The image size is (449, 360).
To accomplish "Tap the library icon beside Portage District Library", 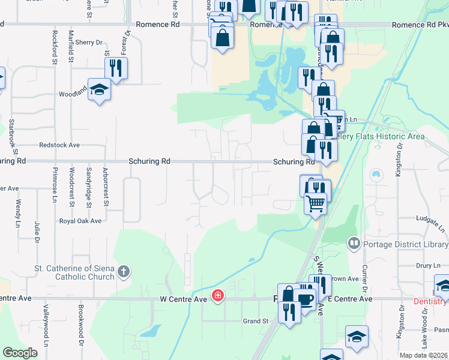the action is (x=353, y=244).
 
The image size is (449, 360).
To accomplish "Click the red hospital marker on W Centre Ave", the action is (x=217, y=296).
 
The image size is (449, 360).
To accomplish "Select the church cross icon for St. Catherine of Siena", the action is (x=124, y=272).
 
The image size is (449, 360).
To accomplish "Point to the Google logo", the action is (x=20, y=352).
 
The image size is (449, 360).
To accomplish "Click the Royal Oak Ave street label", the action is (x=80, y=221).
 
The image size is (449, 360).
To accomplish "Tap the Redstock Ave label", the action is (x=59, y=145).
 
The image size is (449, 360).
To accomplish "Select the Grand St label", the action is (x=255, y=322).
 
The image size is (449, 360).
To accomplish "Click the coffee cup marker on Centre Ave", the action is (x=306, y=300).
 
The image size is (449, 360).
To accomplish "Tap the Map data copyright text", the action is (x=424, y=355).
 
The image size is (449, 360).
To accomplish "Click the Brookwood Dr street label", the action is (x=80, y=326).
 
